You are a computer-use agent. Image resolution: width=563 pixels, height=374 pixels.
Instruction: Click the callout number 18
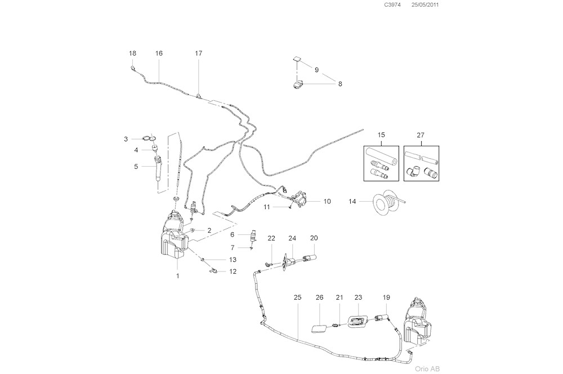point(133,54)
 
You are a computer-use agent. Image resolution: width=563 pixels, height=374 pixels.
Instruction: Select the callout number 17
point(198,54)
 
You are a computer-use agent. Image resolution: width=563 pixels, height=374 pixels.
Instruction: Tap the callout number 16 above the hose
point(159,54)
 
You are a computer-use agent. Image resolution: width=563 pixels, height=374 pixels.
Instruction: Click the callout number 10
point(327,201)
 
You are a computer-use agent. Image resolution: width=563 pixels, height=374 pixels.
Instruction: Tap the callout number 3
point(127,139)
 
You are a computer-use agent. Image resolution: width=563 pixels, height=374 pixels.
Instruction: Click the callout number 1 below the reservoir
point(177,276)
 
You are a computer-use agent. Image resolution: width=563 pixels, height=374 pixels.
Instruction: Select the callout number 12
point(233,271)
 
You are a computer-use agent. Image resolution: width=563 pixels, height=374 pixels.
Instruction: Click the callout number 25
point(298,297)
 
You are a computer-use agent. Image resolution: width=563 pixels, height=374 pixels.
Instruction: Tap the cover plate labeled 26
point(319,328)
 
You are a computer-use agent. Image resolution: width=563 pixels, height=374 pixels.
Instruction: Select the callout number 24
point(292,238)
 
